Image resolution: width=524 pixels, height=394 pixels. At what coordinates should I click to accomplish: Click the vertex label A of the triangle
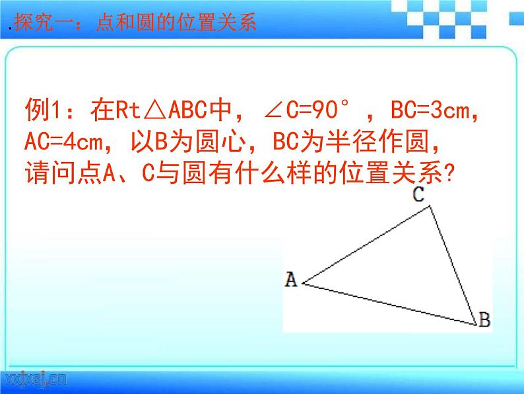[290, 280]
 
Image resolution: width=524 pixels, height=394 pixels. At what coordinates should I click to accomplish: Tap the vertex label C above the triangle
[418, 194]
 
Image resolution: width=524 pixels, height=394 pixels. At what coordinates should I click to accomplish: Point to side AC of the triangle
[367, 245]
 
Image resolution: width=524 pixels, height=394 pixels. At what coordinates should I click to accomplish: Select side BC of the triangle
[453, 265]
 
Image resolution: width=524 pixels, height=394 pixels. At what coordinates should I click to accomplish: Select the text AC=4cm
[63, 143]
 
